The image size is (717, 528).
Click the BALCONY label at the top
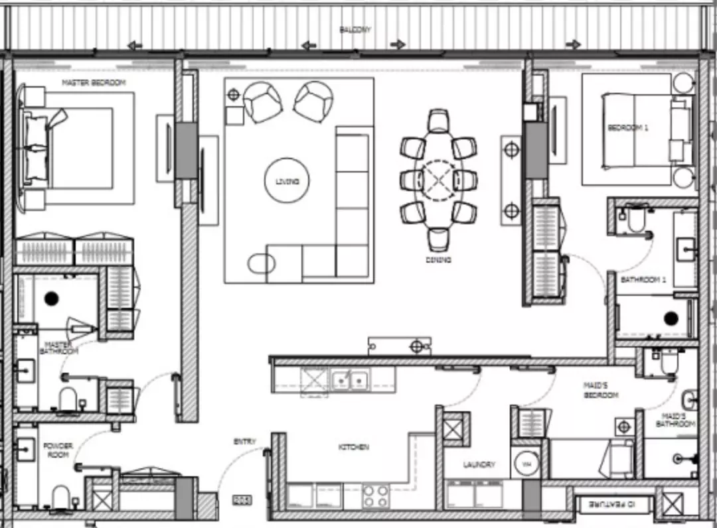(355, 30)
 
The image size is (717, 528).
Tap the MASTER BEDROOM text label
(94, 83)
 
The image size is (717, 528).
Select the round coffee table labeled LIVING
(287, 181)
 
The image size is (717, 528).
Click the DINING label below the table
(438, 260)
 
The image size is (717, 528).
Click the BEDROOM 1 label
(627, 128)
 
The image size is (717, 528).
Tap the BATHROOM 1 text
(643, 281)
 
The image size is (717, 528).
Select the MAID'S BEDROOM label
(601, 389)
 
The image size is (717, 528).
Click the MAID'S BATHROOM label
(676, 419)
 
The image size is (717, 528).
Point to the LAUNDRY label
(479, 464)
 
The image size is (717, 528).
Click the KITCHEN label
(353, 448)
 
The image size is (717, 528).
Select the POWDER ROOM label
(58, 450)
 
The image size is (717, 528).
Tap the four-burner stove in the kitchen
(375, 495)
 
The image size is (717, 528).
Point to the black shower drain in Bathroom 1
(671, 318)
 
